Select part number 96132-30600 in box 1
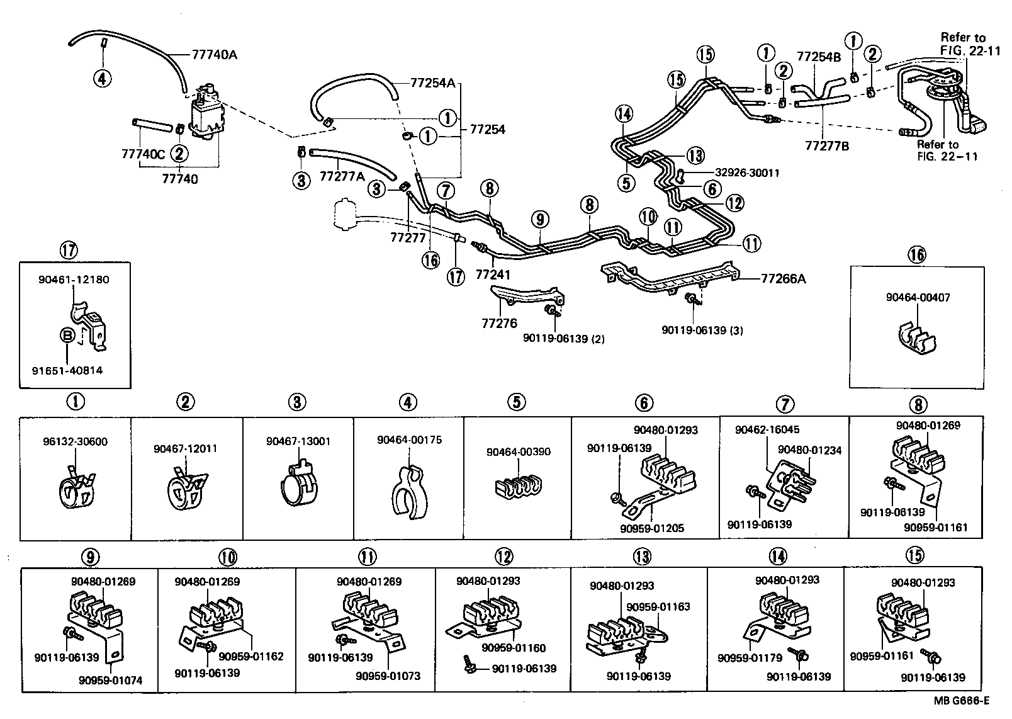(76, 441)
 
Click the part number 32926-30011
(746, 173)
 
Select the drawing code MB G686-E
(961, 700)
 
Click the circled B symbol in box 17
(67, 336)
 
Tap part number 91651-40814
(67, 371)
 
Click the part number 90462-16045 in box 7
(767, 429)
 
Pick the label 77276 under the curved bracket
(499, 324)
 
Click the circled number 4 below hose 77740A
(102, 78)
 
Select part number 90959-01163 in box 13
(658, 607)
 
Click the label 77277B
(827, 146)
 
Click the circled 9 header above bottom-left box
(91, 557)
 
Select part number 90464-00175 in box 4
(409, 440)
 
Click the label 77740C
(143, 153)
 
